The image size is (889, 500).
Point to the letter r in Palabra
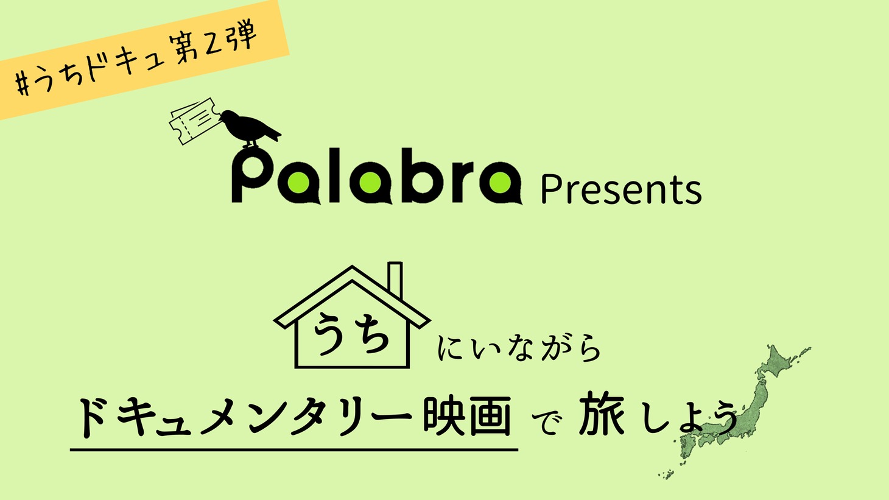(x=460, y=183)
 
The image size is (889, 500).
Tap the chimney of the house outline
(x=395, y=280)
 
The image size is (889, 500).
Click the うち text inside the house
(x=351, y=333)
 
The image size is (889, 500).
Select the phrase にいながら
(x=519, y=348)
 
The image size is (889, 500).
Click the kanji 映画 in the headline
(x=466, y=415)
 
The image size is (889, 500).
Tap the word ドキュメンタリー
(x=244, y=417)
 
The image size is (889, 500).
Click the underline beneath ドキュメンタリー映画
(x=294, y=449)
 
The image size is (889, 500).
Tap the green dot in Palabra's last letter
(x=500, y=183)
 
